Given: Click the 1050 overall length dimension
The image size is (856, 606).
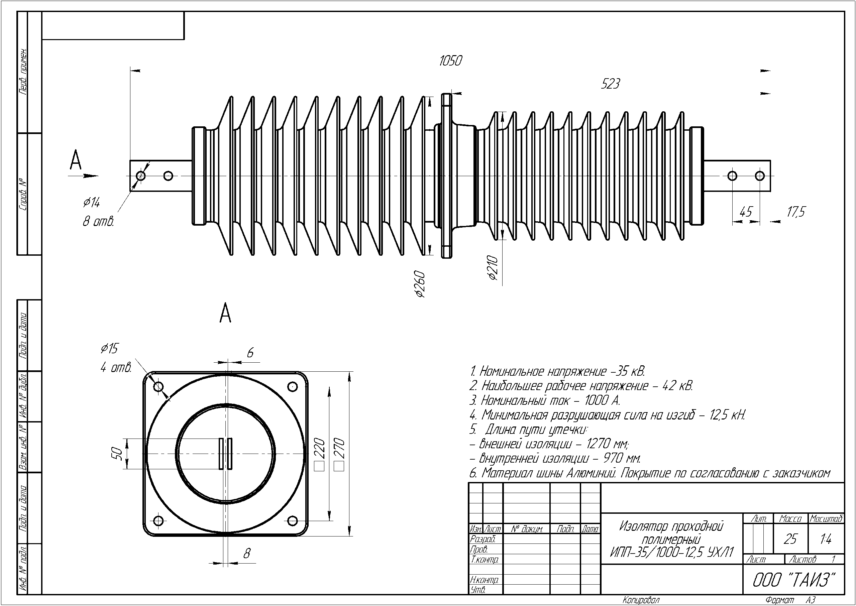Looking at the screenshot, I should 451,61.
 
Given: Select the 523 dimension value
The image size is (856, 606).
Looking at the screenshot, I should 610,84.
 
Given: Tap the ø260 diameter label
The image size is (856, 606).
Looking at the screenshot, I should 420,284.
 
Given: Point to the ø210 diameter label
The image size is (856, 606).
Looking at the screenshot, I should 493,268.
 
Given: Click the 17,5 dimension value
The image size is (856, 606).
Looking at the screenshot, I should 795,212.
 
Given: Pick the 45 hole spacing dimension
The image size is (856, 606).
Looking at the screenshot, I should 746,212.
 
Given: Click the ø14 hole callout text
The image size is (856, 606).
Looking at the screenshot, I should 92,203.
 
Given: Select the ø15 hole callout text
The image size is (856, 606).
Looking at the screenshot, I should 109,349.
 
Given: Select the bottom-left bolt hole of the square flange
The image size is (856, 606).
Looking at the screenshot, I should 158,520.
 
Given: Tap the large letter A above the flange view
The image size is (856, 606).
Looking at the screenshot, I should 225,314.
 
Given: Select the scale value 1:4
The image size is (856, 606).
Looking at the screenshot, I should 826,539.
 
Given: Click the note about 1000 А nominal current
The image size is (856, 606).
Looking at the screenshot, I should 545,401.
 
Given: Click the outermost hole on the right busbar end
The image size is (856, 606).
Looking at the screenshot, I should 760,176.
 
